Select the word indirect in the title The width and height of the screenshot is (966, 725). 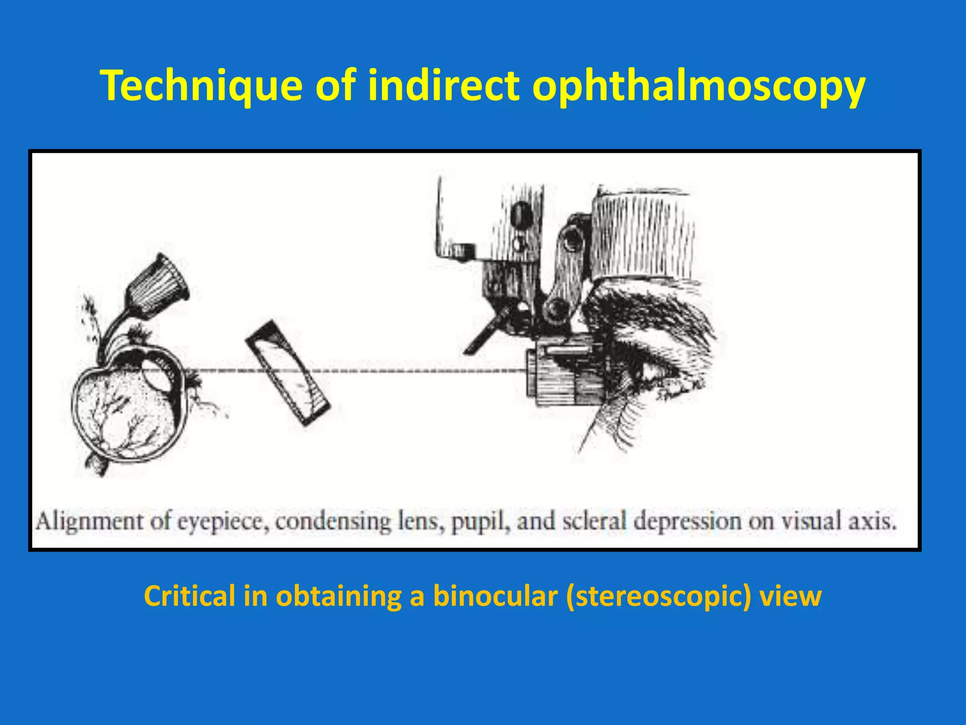443,85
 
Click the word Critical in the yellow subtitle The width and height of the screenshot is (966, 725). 189,596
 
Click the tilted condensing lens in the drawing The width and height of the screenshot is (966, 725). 288,373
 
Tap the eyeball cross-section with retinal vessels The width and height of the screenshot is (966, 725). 127,406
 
